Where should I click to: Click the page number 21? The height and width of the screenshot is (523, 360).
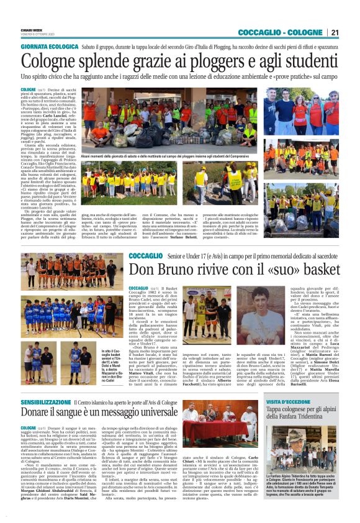(335, 32)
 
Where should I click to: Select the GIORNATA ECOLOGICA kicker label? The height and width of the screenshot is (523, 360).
(50, 47)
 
